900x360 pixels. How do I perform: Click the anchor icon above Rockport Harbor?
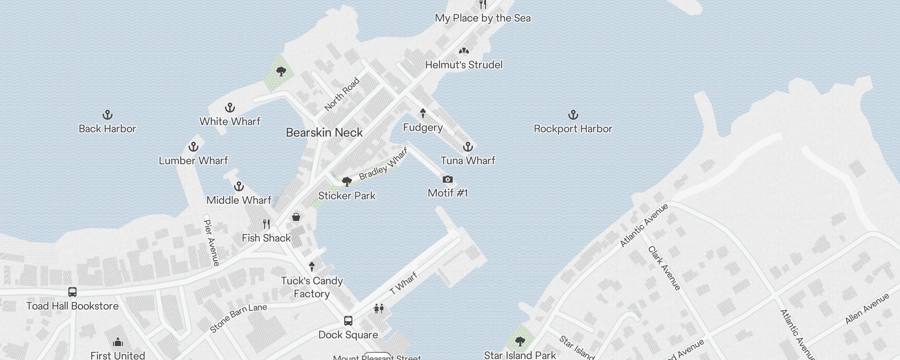(x=573, y=115)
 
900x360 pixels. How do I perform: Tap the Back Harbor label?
(x=107, y=129)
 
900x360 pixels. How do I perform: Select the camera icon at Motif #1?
(x=447, y=180)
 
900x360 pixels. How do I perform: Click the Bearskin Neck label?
(x=324, y=133)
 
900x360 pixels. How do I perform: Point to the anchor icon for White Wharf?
(x=230, y=108)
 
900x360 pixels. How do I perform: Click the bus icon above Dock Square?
(x=348, y=321)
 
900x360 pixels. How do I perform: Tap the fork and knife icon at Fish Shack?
(x=266, y=224)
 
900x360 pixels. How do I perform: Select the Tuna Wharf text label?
(x=468, y=161)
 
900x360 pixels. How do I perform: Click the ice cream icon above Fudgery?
(x=423, y=113)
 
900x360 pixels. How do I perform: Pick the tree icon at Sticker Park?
(x=346, y=182)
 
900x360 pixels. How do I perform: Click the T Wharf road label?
(x=403, y=283)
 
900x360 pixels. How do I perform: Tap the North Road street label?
(x=342, y=94)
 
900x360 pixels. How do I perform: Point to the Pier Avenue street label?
(x=211, y=243)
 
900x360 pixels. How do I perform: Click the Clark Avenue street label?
(x=664, y=268)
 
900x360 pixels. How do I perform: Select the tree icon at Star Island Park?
(x=520, y=341)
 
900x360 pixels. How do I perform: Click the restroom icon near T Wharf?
(x=378, y=309)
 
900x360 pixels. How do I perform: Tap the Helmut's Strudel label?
(x=463, y=65)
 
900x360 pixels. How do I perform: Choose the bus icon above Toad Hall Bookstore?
(x=72, y=292)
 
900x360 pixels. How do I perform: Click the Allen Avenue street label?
(x=867, y=309)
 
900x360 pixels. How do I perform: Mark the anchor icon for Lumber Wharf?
(x=193, y=147)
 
